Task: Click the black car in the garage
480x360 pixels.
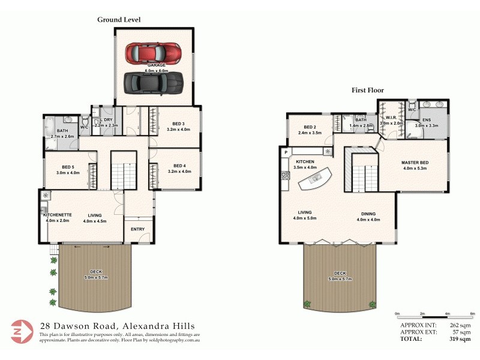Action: coord(152,82)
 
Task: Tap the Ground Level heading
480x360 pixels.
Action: coord(119,20)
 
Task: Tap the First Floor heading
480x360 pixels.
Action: coord(368,91)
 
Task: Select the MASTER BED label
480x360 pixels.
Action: coord(413,163)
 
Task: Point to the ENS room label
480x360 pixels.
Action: coord(427,120)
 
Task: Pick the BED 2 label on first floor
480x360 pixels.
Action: coord(310,127)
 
